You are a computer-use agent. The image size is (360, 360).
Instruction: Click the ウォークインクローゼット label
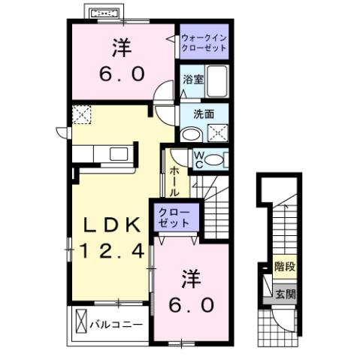point(204,41)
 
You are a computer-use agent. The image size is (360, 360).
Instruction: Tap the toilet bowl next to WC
point(215,159)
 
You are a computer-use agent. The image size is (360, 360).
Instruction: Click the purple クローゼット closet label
point(174,218)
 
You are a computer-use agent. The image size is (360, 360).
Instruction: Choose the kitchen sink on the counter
point(119,154)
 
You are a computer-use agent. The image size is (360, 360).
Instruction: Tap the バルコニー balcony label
point(114,325)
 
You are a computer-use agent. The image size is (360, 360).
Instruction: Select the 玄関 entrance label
point(284,293)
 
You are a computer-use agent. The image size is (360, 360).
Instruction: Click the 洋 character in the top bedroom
point(121,49)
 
